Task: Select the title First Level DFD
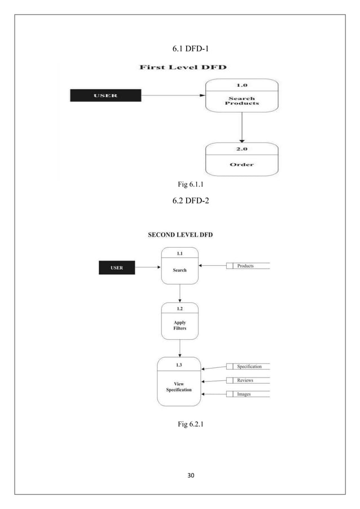point(183,68)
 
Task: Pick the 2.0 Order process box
point(242,159)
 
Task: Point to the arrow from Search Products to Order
point(242,126)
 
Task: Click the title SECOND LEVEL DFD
point(180,235)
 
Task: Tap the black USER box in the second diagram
point(117,267)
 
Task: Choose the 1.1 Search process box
point(179,265)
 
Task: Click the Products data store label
point(245,265)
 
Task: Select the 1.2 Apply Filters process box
point(179,321)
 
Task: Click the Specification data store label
point(249,366)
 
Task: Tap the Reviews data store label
point(245,380)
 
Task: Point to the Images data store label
point(244,394)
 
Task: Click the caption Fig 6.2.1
point(190,433)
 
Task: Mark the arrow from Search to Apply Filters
point(179,293)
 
